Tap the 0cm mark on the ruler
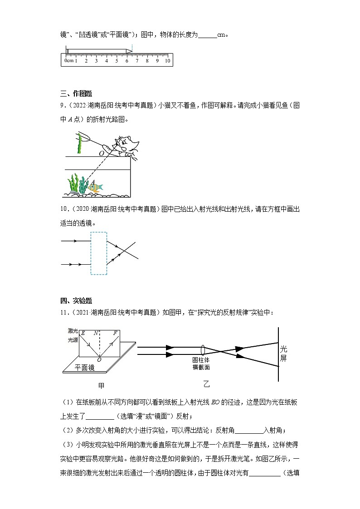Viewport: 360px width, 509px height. coord(68,61)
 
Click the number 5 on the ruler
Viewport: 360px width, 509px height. coord(117,61)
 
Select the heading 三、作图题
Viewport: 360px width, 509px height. coord(76,94)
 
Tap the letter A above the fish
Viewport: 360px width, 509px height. coord(93,182)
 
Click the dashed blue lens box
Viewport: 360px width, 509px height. coord(98,253)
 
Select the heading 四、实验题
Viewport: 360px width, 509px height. coord(76,301)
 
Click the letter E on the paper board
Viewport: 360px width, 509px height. coord(83,333)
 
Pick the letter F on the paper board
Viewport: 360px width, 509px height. coord(115,333)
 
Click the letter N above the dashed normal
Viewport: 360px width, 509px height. coord(96,333)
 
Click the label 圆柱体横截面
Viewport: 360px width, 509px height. coord(201,364)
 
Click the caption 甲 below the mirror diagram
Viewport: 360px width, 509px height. coord(101,386)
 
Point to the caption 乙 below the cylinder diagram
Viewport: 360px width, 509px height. coord(207,384)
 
